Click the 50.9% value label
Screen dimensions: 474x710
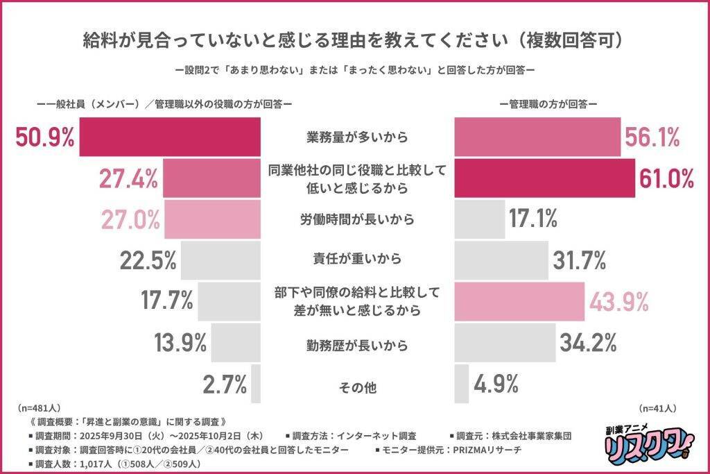44,137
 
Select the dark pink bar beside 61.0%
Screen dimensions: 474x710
545,178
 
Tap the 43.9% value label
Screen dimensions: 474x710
618,301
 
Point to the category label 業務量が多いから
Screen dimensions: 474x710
357,137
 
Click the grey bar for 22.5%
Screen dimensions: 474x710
222,260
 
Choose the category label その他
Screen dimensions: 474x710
357,387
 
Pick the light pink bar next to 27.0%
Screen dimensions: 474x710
212,219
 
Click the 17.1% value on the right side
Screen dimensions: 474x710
533,219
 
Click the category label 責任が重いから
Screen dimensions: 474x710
357,260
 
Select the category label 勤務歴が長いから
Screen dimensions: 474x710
357,344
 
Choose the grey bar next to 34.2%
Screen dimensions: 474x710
505,342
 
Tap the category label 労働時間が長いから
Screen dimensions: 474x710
357,219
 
